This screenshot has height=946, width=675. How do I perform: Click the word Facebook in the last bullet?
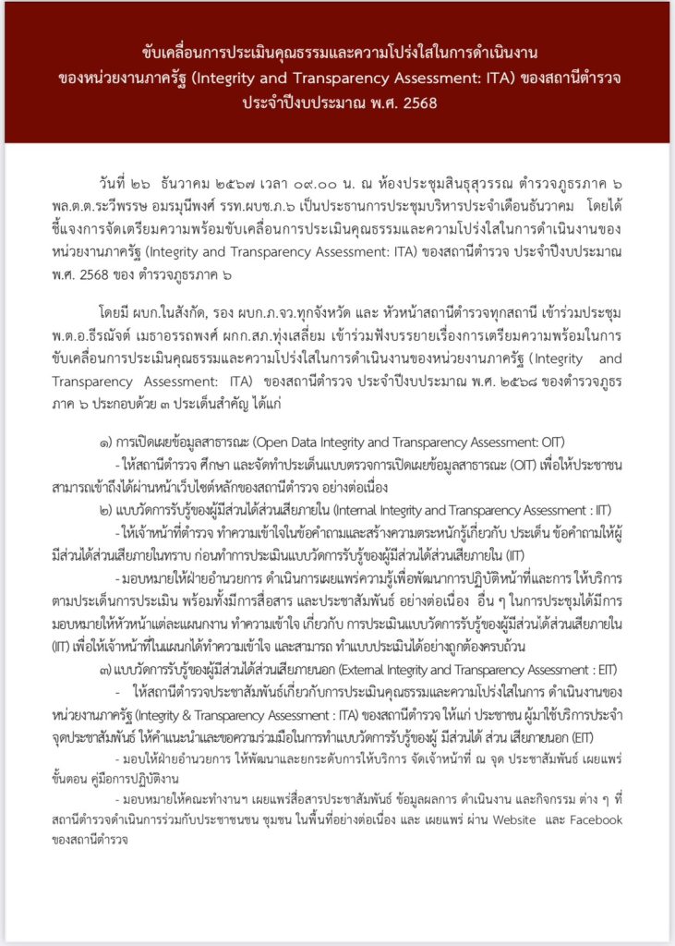pos(593,819)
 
